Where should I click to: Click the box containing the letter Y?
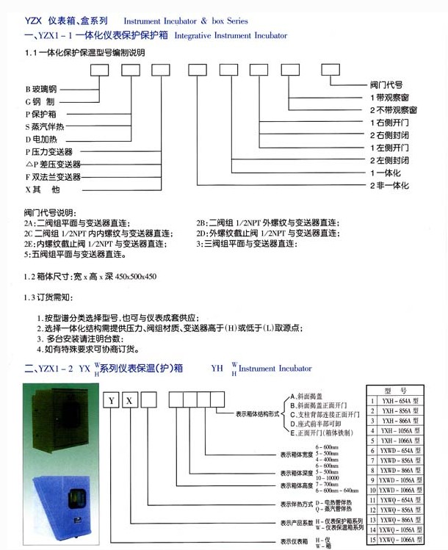[x=110, y=400]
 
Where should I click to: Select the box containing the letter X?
[x=129, y=400]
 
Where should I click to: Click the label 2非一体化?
[x=389, y=185]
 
